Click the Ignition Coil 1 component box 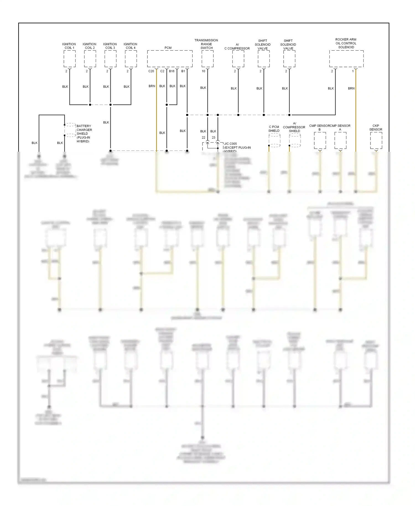[x=69, y=59]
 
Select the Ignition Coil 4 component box [x=131, y=59]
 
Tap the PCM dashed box [x=170, y=59]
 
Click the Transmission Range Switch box [x=207, y=59]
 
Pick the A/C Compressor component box [x=238, y=59]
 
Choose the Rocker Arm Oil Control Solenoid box [x=346, y=59]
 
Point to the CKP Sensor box [x=376, y=141]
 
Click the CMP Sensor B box [x=320, y=141]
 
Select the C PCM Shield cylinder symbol [x=274, y=140]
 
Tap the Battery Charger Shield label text [x=84, y=133]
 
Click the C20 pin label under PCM [x=151, y=71]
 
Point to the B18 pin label [x=172, y=71]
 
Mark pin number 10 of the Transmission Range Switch [x=203, y=71]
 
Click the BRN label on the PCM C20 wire [x=152, y=86]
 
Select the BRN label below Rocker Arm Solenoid [x=351, y=88]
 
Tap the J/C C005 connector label [x=230, y=144]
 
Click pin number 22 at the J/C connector [x=203, y=138]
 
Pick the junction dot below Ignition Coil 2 [x=90, y=105]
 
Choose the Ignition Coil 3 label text [x=110, y=46]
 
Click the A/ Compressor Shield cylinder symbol [x=295, y=140]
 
